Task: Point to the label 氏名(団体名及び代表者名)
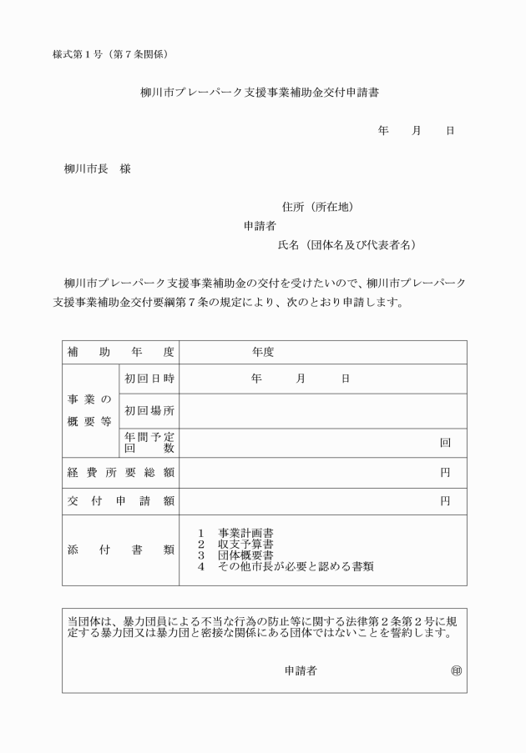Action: click(x=346, y=245)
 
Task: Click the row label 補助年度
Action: click(x=120, y=352)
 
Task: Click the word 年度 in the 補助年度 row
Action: click(x=263, y=352)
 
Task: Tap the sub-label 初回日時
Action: click(x=149, y=379)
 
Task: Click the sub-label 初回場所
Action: click(x=149, y=410)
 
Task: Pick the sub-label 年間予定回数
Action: click(x=149, y=442)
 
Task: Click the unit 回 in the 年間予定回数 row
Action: click(x=445, y=443)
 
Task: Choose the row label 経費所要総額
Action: click(x=120, y=473)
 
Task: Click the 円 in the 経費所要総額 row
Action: click(x=445, y=473)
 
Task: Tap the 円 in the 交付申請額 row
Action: click(x=445, y=501)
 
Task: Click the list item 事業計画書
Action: click(x=246, y=533)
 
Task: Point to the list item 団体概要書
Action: click(x=246, y=555)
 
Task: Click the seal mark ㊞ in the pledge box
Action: click(x=455, y=670)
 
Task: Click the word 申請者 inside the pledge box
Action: click(x=300, y=670)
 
